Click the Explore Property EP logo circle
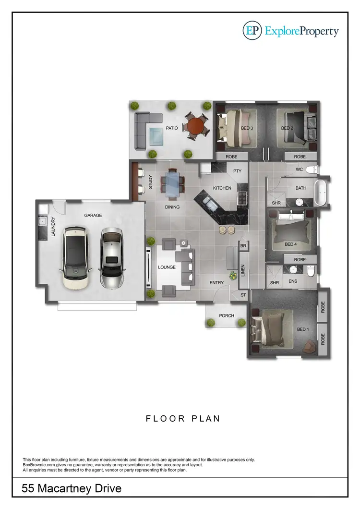pyautogui.click(x=252, y=31)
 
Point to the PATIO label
pyautogui.click(x=172, y=128)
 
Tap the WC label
pyautogui.click(x=299, y=170)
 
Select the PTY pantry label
pyautogui.click(x=237, y=171)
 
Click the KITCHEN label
pyautogui.click(x=222, y=188)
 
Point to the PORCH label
pyautogui.click(x=227, y=315)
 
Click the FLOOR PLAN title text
pyautogui.click(x=183, y=419)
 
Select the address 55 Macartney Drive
pyautogui.click(x=72, y=489)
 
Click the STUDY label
pyautogui.click(x=150, y=182)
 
